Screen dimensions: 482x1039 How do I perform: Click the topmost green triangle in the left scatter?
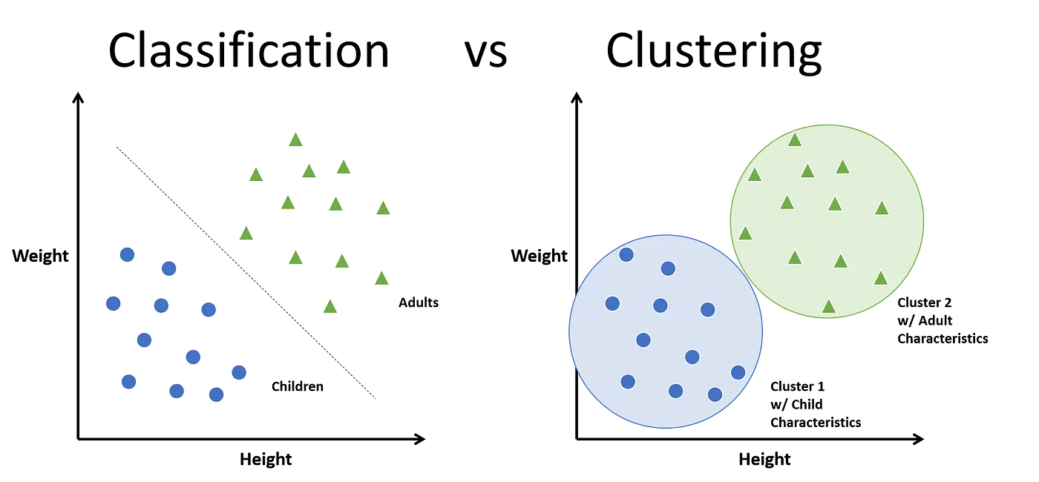(295, 139)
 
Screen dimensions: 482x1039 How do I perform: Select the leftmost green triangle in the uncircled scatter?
(246, 233)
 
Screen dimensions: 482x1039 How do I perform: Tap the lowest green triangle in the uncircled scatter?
(330, 306)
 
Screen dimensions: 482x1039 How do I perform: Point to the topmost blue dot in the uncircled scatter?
(127, 254)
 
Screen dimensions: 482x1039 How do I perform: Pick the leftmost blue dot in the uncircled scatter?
(113, 303)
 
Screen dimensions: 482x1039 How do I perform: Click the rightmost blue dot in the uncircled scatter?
(239, 372)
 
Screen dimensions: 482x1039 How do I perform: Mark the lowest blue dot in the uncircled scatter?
(216, 394)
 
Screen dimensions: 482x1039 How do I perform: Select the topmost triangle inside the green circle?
(795, 139)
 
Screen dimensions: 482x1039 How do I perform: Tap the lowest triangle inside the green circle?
(829, 306)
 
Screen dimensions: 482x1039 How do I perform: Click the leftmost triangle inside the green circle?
(745, 234)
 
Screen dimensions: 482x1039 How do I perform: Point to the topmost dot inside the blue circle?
(626, 254)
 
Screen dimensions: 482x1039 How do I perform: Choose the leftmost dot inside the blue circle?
(612, 303)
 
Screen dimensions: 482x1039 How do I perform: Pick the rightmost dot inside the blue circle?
(738, 372)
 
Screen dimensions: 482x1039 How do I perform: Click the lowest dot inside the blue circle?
(715, 394)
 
